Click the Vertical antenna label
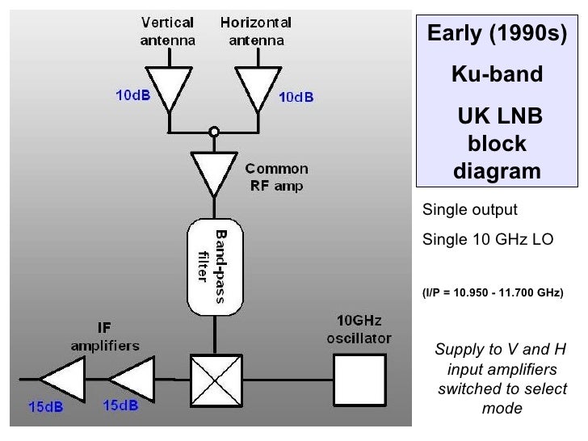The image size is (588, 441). (x=169, y=30)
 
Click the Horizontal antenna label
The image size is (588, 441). (x=255, y=30)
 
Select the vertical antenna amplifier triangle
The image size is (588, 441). (x=169, y=86)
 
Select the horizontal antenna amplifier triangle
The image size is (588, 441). (x=256, y=86)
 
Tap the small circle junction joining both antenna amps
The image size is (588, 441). (x=214, y=131)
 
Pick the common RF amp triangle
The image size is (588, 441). (x=214, y=170)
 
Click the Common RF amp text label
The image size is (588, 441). (x=276, y=176)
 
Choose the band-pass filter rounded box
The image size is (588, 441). (x=214, y=267)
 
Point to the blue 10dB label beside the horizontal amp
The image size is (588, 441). (x=296, y=98)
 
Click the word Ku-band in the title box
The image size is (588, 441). (x=497, y=75)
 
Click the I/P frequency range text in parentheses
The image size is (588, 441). (x=493, y=292)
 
